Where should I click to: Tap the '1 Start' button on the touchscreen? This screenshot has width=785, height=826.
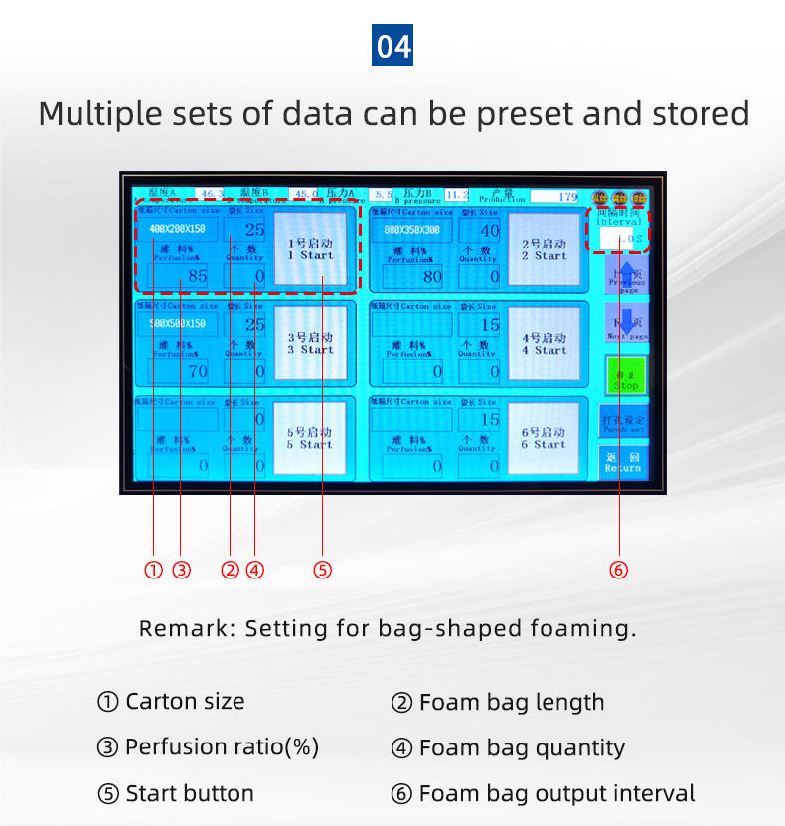pyautogui.click(x=312, y=249)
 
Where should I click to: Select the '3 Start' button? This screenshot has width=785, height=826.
pyautogui.click(x=312, y=343)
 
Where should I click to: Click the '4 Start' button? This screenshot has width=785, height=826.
pyautogui.click(x=544, y=343)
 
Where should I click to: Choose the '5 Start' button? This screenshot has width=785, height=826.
pyautogui.click(x=312, y=438)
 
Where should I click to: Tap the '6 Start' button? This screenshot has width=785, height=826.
pyautogui.click(x=544, y=438)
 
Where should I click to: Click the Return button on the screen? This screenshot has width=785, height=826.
pyautogui.click(x=623, y=462)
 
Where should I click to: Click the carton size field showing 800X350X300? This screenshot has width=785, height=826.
pyautogui.click(x=411, y=230)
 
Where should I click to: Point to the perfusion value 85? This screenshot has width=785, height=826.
pyautogui.click(x=179, y=276)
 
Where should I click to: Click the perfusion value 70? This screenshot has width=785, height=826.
pyautogui.click(x=179, y=371)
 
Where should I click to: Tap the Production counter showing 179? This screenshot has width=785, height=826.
pyautogui.click(x=554, y=196)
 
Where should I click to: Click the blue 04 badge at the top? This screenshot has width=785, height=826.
pyautogui.click(x=392, y=46)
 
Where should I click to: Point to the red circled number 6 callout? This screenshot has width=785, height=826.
pyautogui.click(x=619, y=571)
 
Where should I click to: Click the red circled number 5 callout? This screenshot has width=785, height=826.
pyautogui.click(x=322, y=571)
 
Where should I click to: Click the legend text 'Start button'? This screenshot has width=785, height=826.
pyautogui.click(x=189, y=794)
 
